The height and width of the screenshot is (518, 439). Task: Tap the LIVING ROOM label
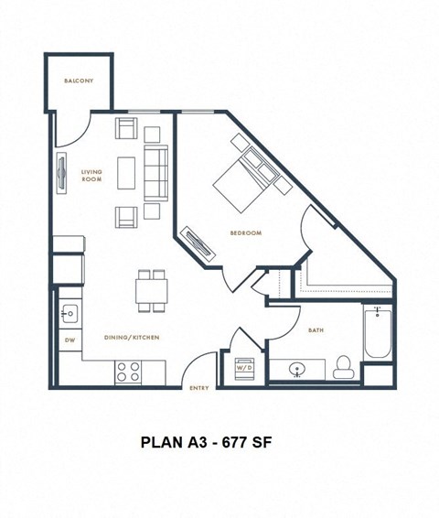91,176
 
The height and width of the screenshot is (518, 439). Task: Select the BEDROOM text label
246,232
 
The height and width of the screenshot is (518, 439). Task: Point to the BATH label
316,329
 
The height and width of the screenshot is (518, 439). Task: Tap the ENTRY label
199,388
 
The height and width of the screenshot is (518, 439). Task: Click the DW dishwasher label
69,341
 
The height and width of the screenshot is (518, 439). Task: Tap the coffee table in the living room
127,171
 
